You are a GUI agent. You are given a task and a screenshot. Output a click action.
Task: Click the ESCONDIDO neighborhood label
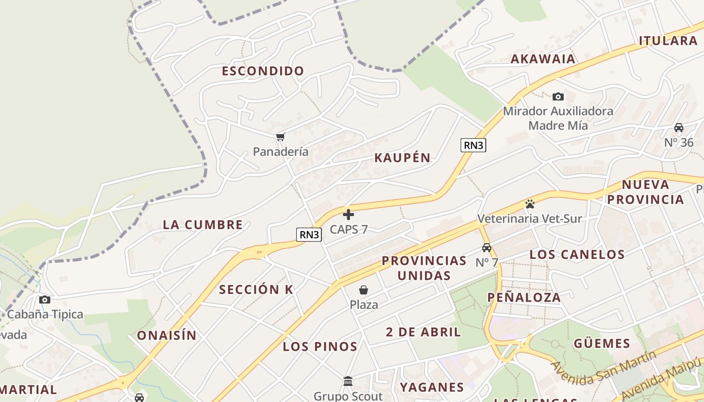coord(263,71)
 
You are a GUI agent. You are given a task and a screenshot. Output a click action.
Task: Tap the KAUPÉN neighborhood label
coord(402,158)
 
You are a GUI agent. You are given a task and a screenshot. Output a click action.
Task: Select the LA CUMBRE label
coord(203,225)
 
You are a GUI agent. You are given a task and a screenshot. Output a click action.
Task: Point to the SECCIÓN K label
coord(256,289)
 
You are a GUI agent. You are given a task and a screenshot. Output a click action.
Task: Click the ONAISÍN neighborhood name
coord(166,335)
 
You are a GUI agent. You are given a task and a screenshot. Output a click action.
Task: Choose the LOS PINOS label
coord(320,346)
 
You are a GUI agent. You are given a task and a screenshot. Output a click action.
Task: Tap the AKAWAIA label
coord(543,59)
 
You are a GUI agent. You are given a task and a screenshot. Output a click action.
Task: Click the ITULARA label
coord(668,41)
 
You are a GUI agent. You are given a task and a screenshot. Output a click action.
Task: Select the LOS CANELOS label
coord(577,254)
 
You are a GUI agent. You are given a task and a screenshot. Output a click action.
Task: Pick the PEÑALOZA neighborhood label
coord(524,297)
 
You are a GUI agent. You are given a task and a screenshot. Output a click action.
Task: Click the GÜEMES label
coord(602,344)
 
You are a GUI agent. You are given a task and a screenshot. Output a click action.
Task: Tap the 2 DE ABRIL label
coord(423,332)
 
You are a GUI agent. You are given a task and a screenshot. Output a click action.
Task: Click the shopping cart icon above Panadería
coord(281,137)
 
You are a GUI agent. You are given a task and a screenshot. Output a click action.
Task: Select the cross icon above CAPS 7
coord(348,215)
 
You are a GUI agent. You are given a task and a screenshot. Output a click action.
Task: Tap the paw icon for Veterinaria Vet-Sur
coord(530,204)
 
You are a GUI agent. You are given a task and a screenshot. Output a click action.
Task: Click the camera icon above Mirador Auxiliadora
coord(558,96)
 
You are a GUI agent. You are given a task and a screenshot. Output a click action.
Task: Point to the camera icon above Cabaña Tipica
coord(45,300)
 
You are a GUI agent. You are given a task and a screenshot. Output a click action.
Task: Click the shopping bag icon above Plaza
coord(364,290)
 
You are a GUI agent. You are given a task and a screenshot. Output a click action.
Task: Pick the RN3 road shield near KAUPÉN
coord(473,145)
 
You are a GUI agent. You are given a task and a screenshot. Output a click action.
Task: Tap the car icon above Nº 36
coord(679,128)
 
